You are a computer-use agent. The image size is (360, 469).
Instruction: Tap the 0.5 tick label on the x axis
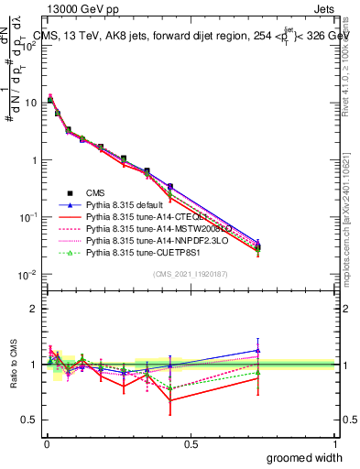pos(191,444)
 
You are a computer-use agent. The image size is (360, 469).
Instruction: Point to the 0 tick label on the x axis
pos(46,444)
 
